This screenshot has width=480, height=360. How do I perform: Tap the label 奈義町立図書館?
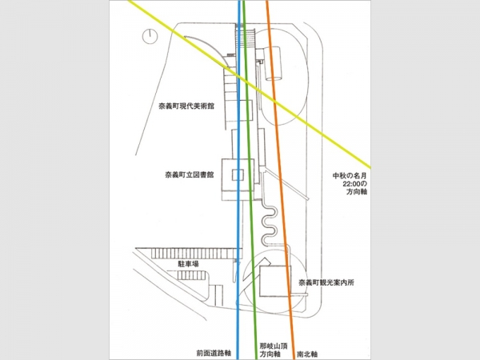point(190,175)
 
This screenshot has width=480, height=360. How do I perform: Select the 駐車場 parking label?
point(188,264)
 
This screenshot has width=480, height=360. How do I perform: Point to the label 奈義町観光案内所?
point(326,282)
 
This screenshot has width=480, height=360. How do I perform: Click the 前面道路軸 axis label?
point(214,354)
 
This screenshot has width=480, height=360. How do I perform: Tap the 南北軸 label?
point(307,354)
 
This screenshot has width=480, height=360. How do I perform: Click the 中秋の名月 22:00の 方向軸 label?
point(350,184)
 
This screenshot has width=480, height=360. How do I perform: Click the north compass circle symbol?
point(150,37)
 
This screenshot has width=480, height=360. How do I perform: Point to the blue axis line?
point(238,180)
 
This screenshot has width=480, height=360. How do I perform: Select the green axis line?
point(250,180)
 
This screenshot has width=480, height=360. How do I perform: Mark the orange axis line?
point(281,180)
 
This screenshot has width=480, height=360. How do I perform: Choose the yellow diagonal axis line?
point(250,84)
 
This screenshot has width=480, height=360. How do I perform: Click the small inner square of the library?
point(238,174)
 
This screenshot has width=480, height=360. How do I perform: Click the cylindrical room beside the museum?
point(273,64)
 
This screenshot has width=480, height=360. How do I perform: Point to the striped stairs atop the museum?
point(246,37)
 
